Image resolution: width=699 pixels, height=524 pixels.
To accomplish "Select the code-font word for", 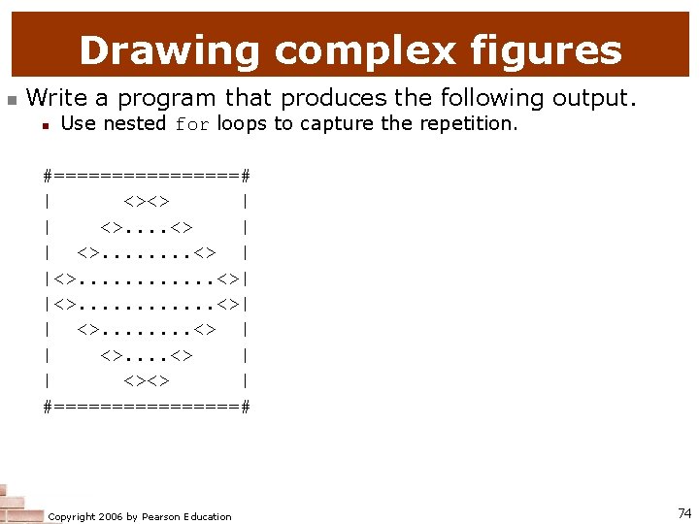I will point(192,124).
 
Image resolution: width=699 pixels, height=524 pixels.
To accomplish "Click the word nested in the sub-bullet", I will point(134,124).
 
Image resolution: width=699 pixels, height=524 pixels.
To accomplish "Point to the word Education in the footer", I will point(206,517).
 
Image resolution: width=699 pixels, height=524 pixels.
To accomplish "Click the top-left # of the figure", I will point(48,176).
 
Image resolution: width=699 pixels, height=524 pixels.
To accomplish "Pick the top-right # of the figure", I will point(247,176).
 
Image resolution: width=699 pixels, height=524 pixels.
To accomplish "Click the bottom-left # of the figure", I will point(48,407).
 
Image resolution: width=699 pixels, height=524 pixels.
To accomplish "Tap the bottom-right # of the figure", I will point(247,407).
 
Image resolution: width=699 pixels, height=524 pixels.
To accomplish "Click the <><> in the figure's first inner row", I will point(147,202).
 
